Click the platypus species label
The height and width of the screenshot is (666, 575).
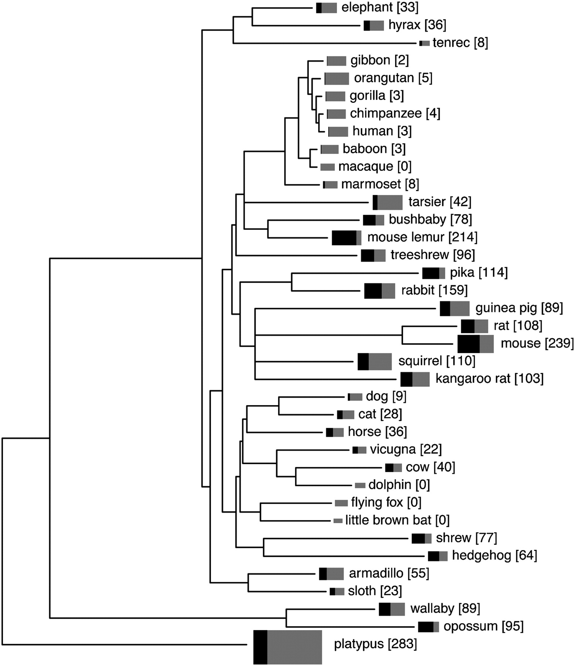point(358,644)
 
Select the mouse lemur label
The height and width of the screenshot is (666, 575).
point(405,237)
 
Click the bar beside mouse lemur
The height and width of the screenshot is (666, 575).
point(346,238)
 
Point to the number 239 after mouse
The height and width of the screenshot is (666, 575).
point(559,343)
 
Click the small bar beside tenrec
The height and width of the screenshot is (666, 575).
point(424,43)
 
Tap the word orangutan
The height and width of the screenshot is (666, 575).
point(384,78)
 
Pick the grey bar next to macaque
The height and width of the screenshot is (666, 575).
point(327,167)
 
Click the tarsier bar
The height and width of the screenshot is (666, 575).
point(387,202)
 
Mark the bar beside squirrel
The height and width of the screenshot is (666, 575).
point(374,361)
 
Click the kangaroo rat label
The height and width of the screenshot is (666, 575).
point(473,379)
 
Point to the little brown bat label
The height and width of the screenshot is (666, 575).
point(388,520)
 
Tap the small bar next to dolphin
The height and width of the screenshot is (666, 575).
point(360,485)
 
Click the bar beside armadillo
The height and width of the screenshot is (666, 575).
point(331,574)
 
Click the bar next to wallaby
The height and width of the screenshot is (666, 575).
point(392,609)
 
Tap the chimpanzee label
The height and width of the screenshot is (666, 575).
point(385,114)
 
